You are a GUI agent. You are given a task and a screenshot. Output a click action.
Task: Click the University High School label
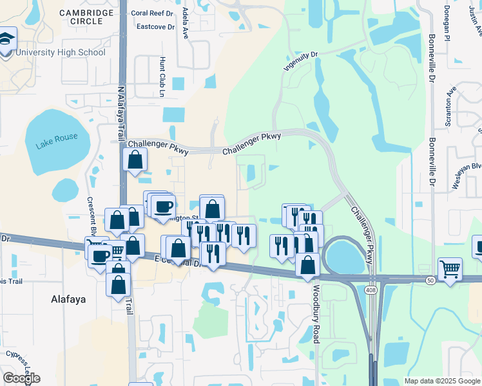[x=59, y=52]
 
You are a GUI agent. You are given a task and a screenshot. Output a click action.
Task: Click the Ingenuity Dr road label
[x=302, y=60]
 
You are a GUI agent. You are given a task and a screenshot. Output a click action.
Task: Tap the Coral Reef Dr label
[x=152, y=12]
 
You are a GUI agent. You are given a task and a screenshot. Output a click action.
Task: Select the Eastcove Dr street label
[x=153, y=26]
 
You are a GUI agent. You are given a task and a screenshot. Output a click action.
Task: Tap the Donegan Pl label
[x=447, y=23]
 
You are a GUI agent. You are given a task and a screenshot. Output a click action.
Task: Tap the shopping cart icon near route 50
[x=450, y=268]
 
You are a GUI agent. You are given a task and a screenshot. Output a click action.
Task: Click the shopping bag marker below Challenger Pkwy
[x=135, y=160]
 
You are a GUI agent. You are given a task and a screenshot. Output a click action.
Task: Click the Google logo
[x=21, y=378]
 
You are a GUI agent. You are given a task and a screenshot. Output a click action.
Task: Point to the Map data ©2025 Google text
[x=441, y=381]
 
